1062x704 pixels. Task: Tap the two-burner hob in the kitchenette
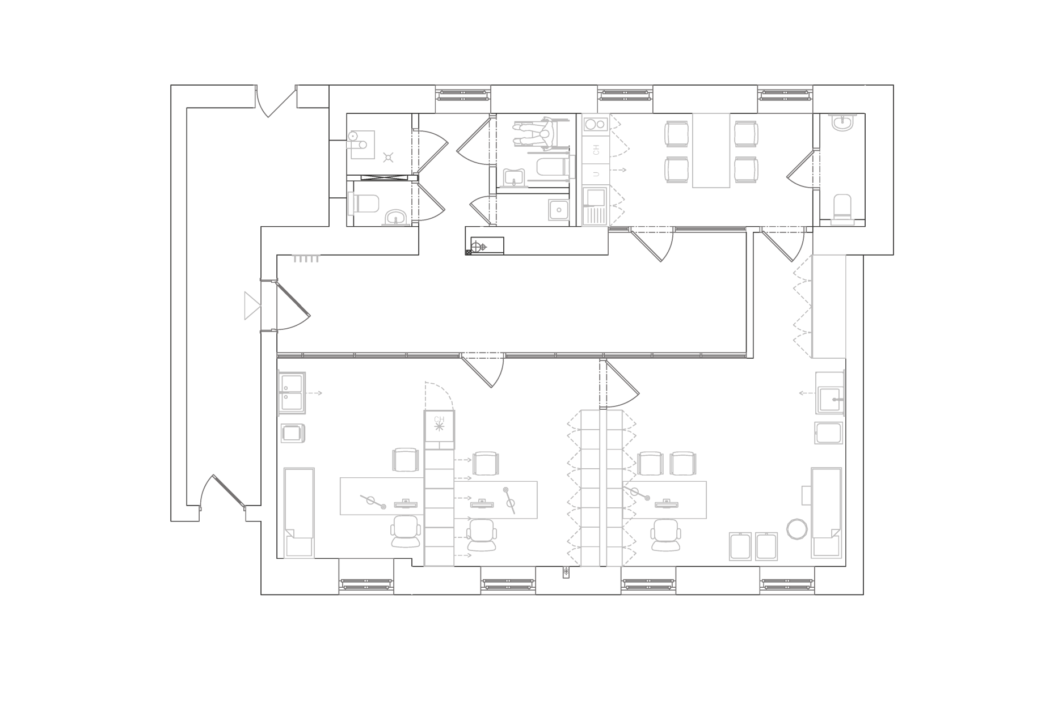click(x=595, y=124)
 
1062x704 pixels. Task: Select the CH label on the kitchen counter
click(x=596, y=150)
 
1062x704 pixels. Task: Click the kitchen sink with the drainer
click(x=595, y=206)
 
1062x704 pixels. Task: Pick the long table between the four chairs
click(x=711, y=150)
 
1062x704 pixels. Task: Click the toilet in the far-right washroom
click(x=842, y=207)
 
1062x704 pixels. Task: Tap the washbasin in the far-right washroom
click(x=842, y=122)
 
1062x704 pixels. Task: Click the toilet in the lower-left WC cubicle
click(x=364, y=203)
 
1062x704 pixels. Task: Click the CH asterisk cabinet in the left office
click(x=439, y=426)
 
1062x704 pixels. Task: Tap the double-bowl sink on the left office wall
click(x=292, y=392)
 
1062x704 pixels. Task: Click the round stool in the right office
click(x=796, y=529)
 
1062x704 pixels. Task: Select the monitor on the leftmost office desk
click(x=406, y=503)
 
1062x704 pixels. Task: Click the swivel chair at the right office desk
click(x=665, y=535)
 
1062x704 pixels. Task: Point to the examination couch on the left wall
click(x=299, y=512)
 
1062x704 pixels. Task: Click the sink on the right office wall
click(x=830, y=393)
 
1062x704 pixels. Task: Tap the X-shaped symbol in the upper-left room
click(x=388, y=157)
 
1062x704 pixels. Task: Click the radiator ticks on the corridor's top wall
click(x=306, y=259)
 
